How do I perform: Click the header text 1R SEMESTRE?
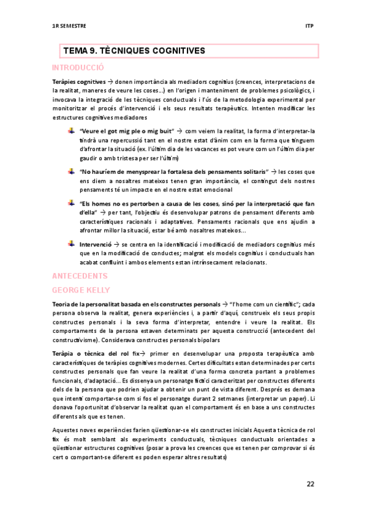[69, 26]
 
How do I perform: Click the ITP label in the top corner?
[309, 26]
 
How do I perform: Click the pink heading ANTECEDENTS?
[80, 277]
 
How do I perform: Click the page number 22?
[310, 484]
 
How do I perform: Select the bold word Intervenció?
[98, 244]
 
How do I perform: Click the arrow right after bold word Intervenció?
[124, 244]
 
